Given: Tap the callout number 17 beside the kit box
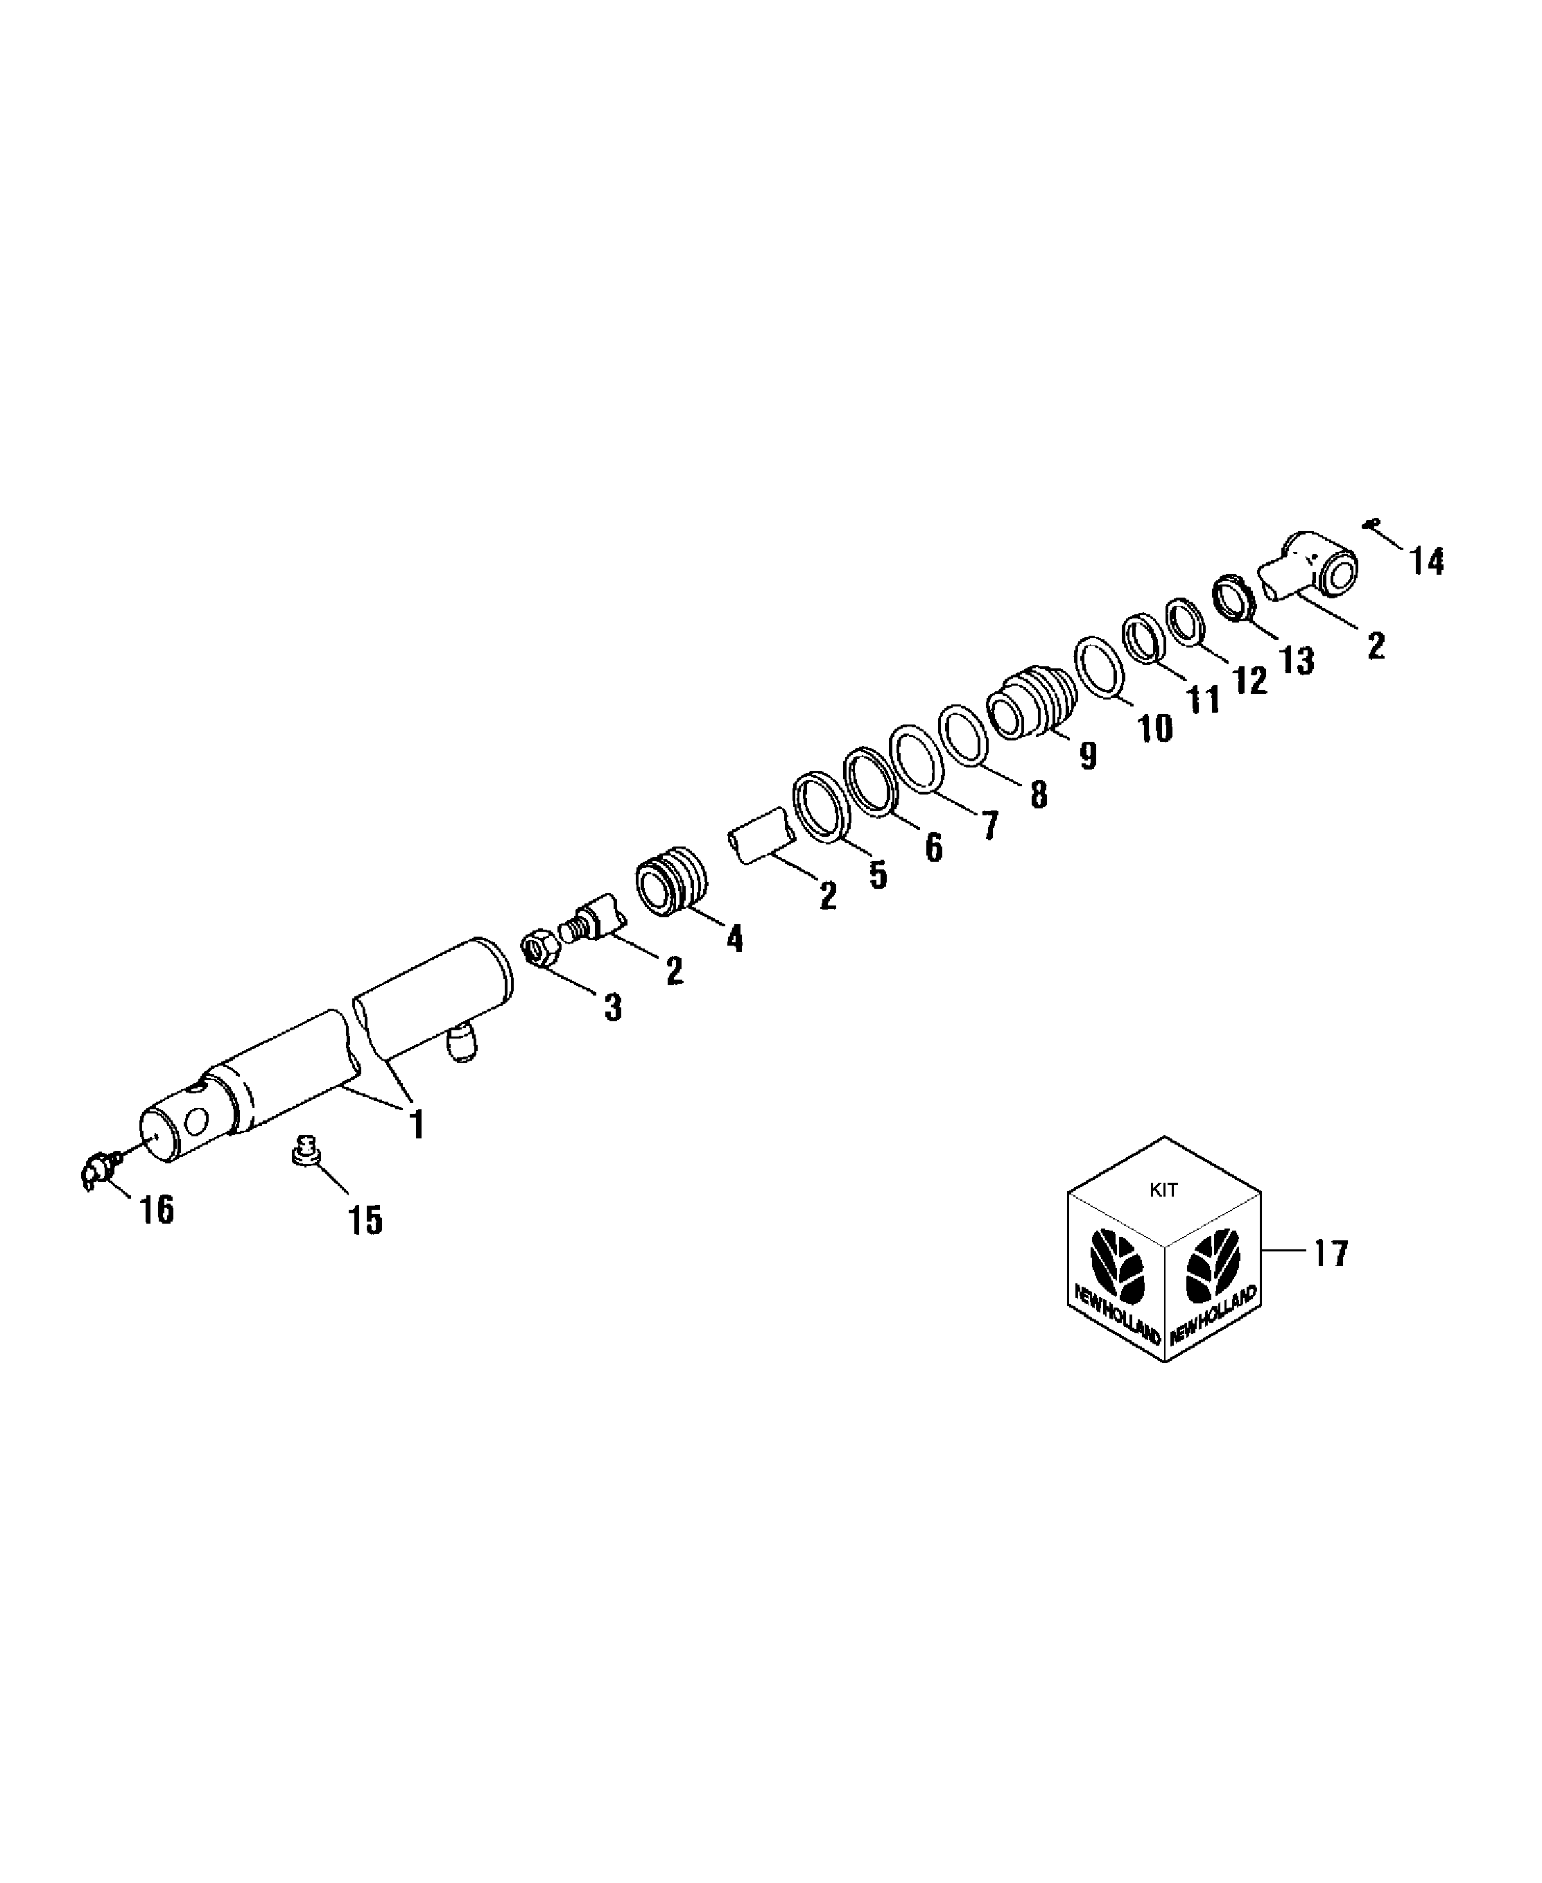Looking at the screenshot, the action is point(1331,1253).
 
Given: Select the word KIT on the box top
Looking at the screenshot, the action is point(1163,1190).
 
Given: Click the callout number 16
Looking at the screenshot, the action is point(157,1210).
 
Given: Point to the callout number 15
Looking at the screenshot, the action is point(365,1220).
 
